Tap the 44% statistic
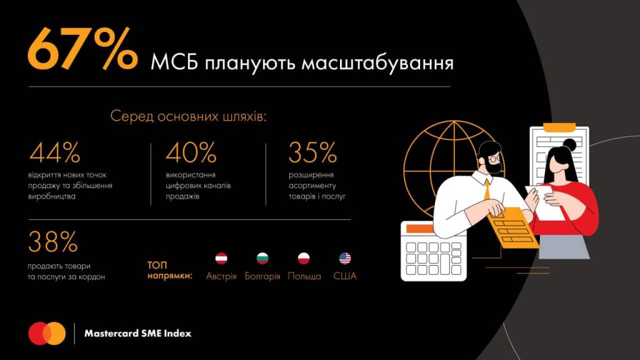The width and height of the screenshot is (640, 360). [55, 152]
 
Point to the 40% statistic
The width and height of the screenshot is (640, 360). [191, 152]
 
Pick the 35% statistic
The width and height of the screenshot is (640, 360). [312, 152]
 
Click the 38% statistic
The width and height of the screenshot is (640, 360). [53, 242]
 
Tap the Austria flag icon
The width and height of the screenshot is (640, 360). [221, 258]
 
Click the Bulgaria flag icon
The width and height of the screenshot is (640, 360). [262, 258]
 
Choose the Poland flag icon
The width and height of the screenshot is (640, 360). [304, 258]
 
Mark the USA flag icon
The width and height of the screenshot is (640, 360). [345, 258]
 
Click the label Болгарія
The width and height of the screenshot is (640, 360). [262, 276]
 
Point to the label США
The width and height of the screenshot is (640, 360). [345, 276]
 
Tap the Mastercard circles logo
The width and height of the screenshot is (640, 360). [47, 333]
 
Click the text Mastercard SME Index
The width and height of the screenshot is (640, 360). [137, 334]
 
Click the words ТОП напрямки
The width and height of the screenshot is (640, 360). [169, 270]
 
